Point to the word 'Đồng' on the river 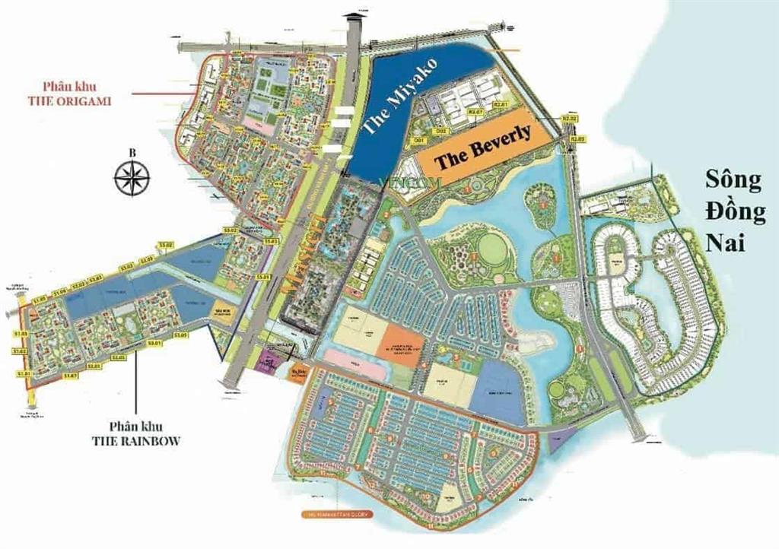(x=735, y=212)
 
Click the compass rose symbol (x=132, y=179)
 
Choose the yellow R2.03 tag (x=578, y=138)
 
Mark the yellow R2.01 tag (x=500, y=104)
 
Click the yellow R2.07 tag (x=476, y=113)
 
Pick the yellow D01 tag (x=418, y=141)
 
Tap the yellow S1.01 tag (x=21, y=373)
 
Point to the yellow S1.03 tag (x=20, y=334)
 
